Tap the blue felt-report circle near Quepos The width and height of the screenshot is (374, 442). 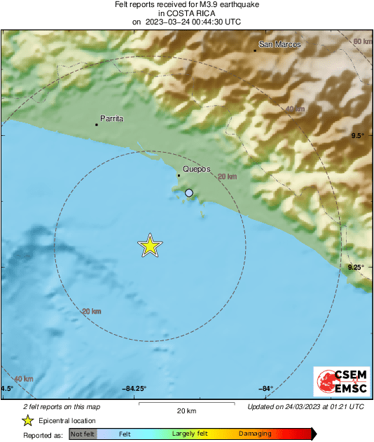pos(188,193)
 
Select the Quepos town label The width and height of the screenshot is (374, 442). pos(196,170)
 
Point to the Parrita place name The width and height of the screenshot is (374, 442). pos(112,119)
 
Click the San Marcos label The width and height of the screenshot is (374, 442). pos(279,45)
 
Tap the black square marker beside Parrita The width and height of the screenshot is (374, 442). pos(96,125)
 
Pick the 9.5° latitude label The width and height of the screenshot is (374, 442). pos(357,135)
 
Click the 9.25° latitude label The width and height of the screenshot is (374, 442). pos(355,267)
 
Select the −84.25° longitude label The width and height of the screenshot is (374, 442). pos(134,389)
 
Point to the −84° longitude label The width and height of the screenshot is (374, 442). pos(265,389)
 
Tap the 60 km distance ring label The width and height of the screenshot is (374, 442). pos(362,42)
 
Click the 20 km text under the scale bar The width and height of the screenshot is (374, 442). pos(186,410)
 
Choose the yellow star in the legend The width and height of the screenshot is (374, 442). pos(27,420)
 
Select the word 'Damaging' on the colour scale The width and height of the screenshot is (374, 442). pos(255,434)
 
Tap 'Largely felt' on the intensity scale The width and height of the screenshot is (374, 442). pos(188,434)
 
